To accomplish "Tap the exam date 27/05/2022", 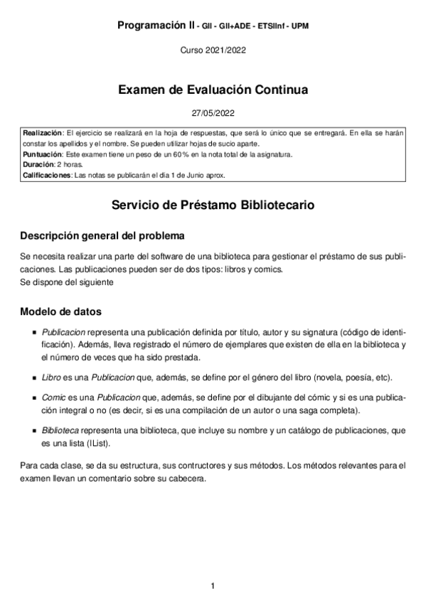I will pyautogui.click(x=213, y=113).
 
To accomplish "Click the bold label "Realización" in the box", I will pyautogui.click(x=42, y=133).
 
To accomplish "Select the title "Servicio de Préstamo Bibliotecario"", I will pyautogui.click(x=213, y=206).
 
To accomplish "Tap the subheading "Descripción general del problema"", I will pyautogui.click(x=103, y=235).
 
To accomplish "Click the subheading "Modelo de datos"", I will pyautogui.click(x=60, y=311).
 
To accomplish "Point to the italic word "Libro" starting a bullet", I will pyautogui.click(x=51, y=377).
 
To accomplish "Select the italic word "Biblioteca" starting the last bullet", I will pyautogui.click(x=60, y=431).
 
